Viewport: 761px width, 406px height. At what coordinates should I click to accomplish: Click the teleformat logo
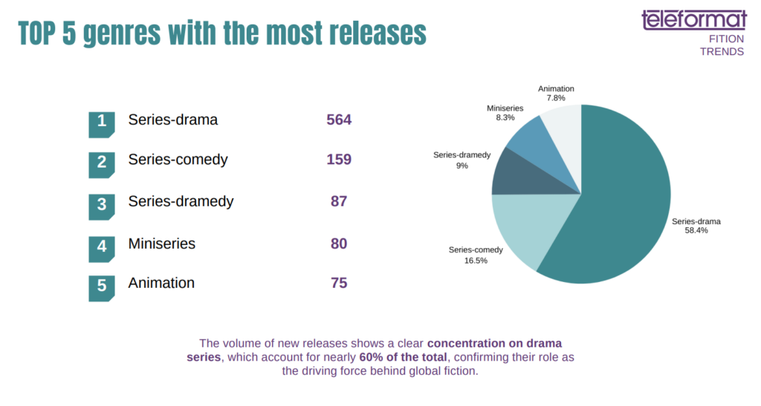[x=693, y=20]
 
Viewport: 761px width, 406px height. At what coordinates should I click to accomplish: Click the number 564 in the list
[x=339, y=119]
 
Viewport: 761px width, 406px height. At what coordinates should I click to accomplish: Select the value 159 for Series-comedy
[x=339, y=160]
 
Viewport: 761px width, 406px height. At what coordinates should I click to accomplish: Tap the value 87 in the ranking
[x=339, y=201]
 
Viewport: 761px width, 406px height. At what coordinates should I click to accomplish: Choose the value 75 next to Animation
[x=339, y=283]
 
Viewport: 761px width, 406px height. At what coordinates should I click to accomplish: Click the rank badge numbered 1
[x=102, y=123]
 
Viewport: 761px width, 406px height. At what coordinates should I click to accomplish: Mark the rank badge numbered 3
[x=102, y=206]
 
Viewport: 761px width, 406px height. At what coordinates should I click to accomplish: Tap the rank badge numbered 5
[x=102, y=287]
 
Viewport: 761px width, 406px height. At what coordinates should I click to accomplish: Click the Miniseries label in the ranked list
[x=161, y=243]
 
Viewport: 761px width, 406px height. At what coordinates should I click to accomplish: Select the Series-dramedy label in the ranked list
[x=181, y=201]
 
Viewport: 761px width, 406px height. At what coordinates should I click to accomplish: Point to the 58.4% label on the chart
[x=696, y=231]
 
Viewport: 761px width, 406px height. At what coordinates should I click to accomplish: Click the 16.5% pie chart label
[x=476, y=261]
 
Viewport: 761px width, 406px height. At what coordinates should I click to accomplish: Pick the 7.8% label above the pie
[x=556, y=98]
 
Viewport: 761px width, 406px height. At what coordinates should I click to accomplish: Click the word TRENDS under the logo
[x=722, y=52]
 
